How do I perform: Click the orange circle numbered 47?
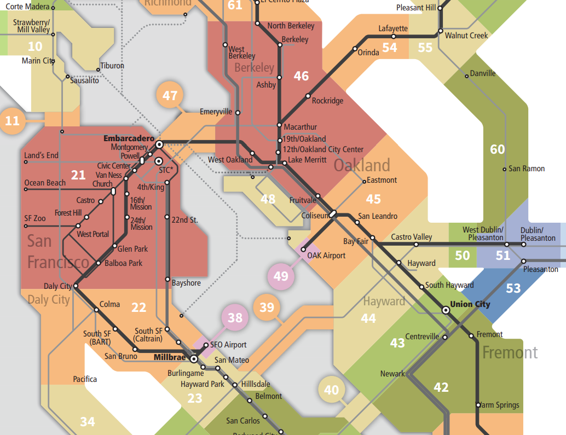(170, 96)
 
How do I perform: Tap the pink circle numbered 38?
(235, 318)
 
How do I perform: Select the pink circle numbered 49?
(281, 276)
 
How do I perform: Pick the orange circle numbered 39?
(267, 308)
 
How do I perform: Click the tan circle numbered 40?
(332, 390)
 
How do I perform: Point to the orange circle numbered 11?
(13, 121)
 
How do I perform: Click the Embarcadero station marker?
(159, 144)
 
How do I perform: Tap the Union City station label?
(470, 304)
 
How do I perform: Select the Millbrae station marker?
(194, 359)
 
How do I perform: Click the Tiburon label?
(112, 66)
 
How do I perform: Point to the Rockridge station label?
(327, 101)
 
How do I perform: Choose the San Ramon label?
(527, 169)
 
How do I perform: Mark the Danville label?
(483, 73)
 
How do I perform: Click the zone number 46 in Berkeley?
(301, 76)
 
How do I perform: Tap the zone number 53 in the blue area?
(513, 288)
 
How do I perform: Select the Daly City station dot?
(75, 286)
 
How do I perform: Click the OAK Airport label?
(326, 256)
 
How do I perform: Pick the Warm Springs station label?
(500, 405)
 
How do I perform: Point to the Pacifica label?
(85, 379)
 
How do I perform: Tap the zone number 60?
(497, 149)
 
